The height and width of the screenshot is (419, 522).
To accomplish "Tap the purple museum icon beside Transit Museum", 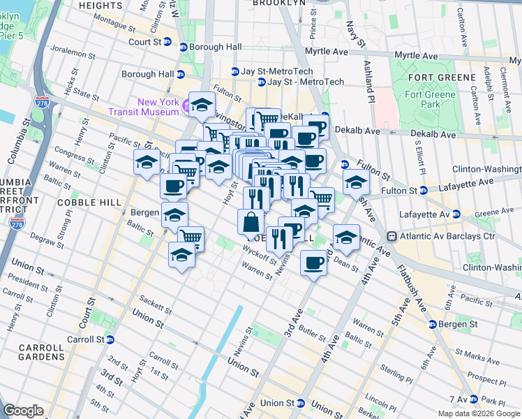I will click(186, 106).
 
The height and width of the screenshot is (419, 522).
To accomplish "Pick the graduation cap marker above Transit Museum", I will click(202, 105).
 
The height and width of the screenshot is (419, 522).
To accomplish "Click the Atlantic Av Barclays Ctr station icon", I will click(393, 237).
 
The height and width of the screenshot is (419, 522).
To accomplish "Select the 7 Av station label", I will click(458, 399).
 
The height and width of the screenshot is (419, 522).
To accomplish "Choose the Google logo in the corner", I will click(24, 410).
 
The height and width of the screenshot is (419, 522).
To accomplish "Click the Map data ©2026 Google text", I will click(479, 413).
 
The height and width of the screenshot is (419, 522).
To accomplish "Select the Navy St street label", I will click(352, 35).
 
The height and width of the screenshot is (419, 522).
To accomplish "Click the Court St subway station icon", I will click(183, 47).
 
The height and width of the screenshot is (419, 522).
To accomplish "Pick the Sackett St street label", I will click(156, 304).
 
